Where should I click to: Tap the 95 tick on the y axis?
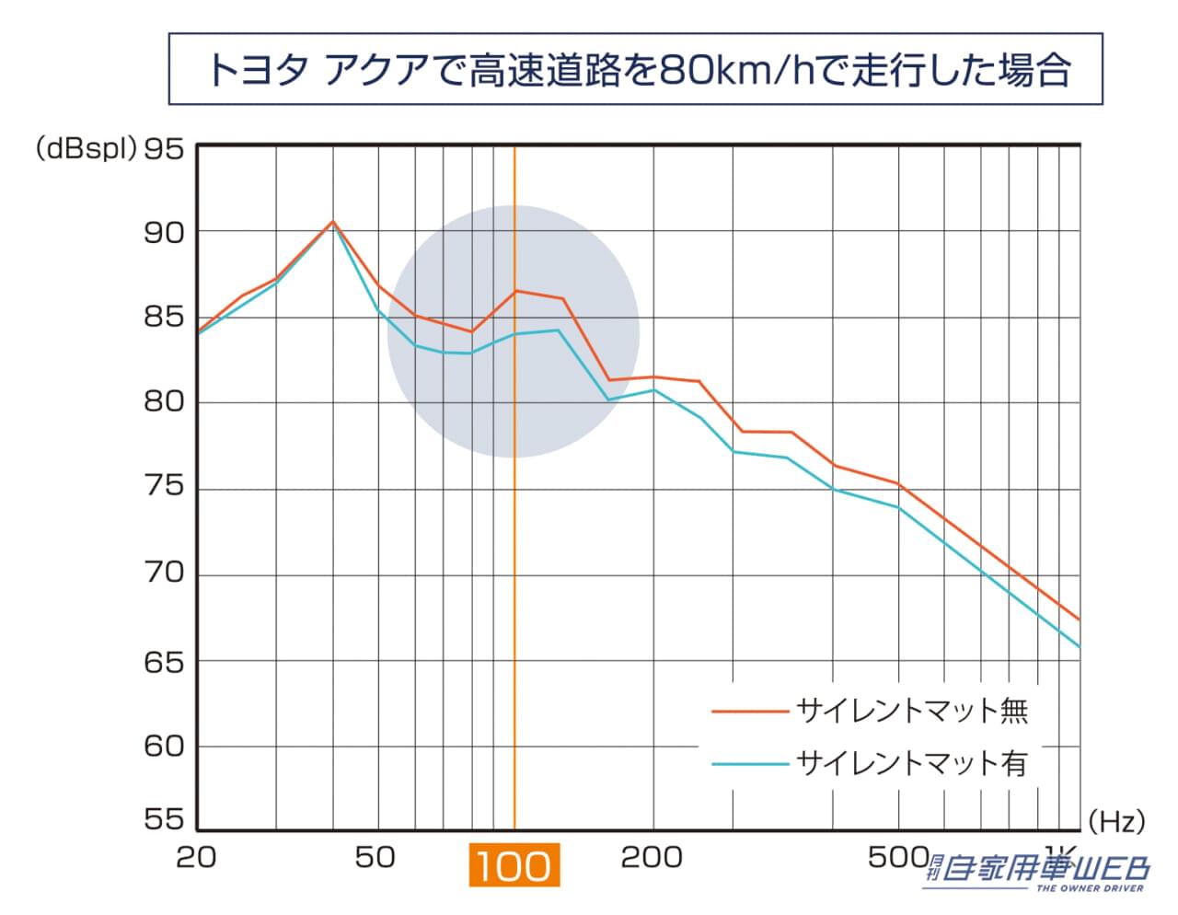tap(164, 148)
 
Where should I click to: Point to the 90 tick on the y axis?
tap(164, 233)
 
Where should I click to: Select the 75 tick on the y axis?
tap(164, 486)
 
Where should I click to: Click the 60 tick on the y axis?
tap(164, 746)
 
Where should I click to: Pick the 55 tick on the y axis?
tap(164, 819)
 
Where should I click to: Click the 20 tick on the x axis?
tap(196, 858)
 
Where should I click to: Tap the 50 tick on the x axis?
tap(375, 858)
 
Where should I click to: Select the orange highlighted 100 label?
tap(514, 866)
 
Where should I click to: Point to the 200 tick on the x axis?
tap(652, 858)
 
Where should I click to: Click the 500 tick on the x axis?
tap(897, 858)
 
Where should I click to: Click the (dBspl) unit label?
tap(86, 148)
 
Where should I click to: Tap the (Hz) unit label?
tap(1115, 820)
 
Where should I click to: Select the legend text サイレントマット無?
tap(911, 711)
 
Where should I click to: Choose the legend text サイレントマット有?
tap(911, 763)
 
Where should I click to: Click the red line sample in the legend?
tap(750, 711)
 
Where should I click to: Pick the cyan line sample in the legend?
tap(750, 763)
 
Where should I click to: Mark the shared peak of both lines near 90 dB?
tap(333, 222)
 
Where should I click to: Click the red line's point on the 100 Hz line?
tap(514, 291)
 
